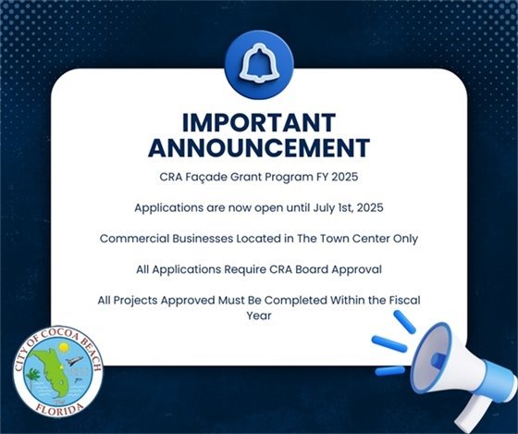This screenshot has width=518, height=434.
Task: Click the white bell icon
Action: pos(259,63)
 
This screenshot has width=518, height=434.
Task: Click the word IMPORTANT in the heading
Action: pos(259,123)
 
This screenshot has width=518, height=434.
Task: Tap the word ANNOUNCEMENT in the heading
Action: pos(259,148)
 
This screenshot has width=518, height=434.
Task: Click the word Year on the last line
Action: pos(258,316)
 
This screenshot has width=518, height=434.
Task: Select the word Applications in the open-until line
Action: pos(170,207)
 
